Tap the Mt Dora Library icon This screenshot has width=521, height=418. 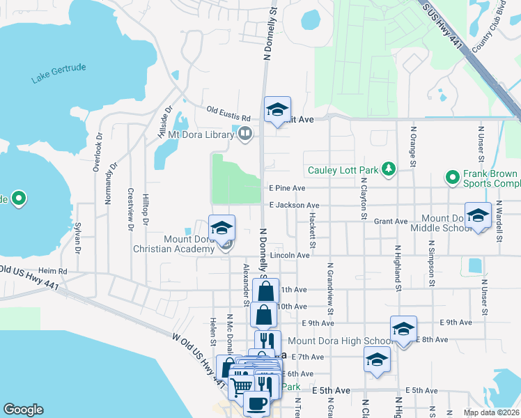pos(244,133)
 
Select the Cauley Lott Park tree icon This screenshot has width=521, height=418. pos(389,170)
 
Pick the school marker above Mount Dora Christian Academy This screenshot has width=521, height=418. pos(221,228)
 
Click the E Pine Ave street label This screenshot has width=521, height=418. pos(287,188)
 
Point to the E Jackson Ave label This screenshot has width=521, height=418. pos(294,206)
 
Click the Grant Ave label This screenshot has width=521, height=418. pos(391,222)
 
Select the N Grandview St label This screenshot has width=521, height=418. pos(329,285)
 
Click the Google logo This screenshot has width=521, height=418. pos(23,410)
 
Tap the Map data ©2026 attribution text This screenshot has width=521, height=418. pos(492,412)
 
